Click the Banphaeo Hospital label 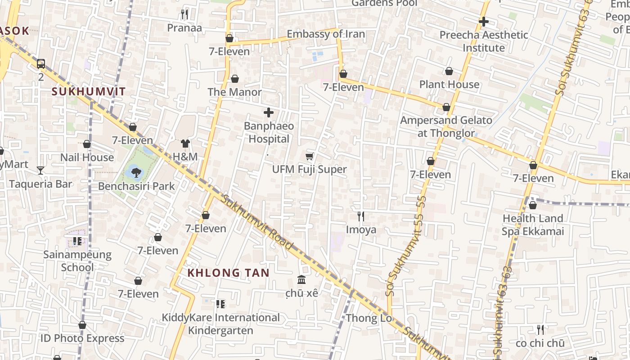coord(269,132)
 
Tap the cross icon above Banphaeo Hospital coord(269,112)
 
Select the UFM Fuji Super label coord(310,170)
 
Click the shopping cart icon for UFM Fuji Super coord(310,156)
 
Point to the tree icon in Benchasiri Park coord(136,171)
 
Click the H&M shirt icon coord(185,144)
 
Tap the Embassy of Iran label coord(326,34)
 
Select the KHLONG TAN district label coord(228,273)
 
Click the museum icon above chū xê coord(301,280)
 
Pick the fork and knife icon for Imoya coord(360,216)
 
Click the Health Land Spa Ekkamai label coord(533,225)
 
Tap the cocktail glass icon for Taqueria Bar coord(40,170)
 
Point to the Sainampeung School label coord(77,261)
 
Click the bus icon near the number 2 coord(41,64)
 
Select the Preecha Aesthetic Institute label coord(484,41)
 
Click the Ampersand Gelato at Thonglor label coord(446,126)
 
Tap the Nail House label coord(87,157)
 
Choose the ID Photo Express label coord(82,338)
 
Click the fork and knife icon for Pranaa coord(184,14)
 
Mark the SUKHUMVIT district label coord(89,92)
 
